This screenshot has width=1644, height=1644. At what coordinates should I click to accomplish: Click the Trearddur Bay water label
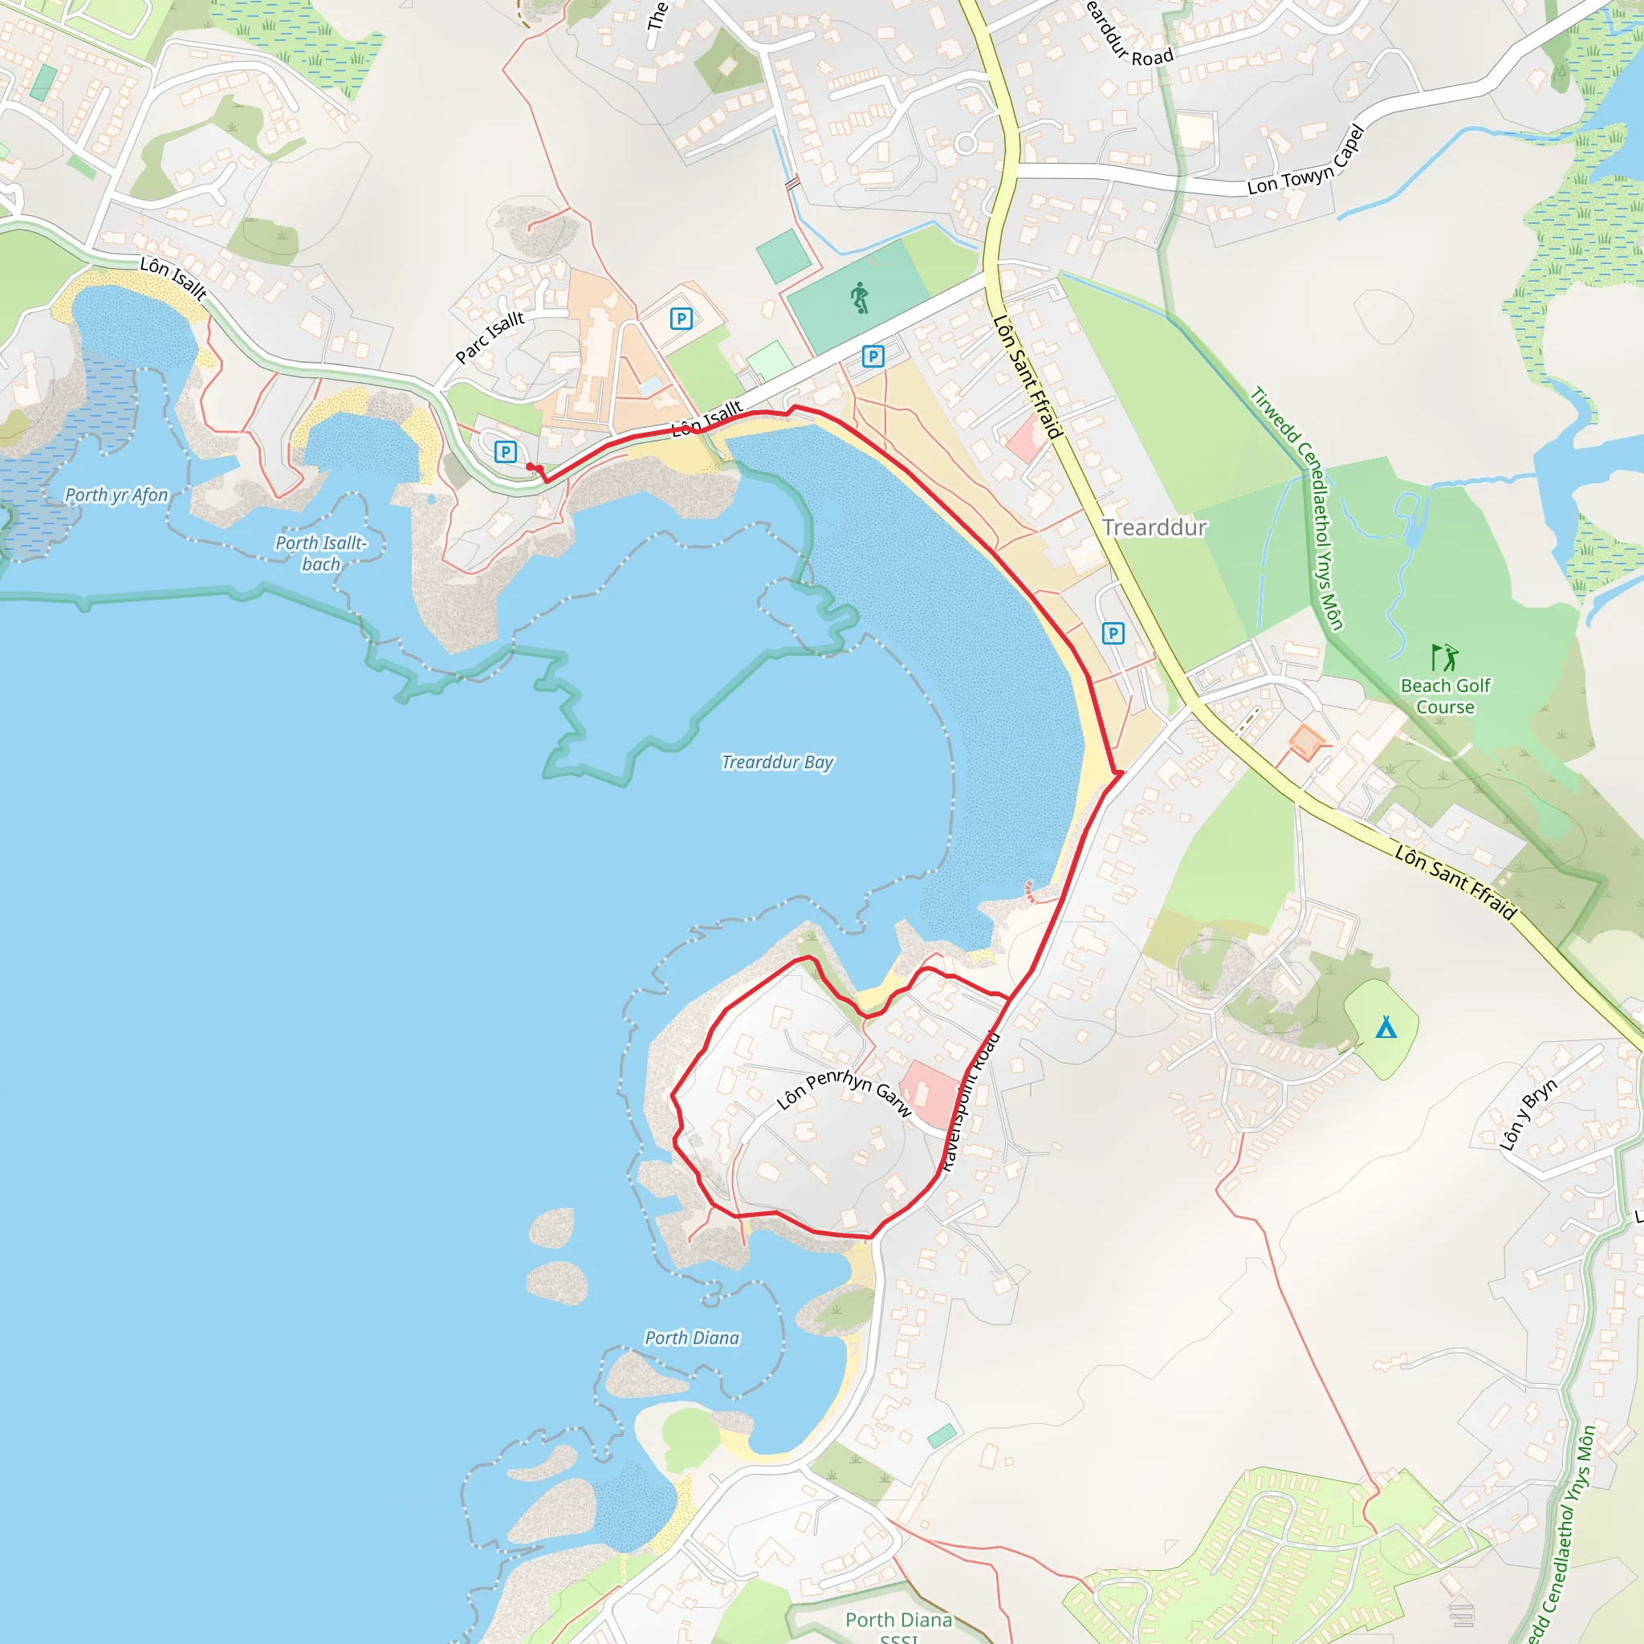(x=777, y=762)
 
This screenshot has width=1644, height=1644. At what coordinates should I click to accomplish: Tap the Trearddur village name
(x=1154, y=527)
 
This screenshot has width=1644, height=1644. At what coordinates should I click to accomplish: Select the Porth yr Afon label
(x=116, y=494)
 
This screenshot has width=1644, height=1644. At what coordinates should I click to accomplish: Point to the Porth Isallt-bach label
(x=321, y=553)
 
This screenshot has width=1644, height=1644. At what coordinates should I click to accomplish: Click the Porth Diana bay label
(x=692, y=1337)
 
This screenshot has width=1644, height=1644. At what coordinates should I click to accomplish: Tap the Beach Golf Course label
(x=1445, y=696)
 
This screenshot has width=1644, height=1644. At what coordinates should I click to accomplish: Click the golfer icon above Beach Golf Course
(x=1445, y=657)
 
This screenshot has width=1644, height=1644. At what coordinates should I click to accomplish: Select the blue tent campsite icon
(x=1386, y=1028)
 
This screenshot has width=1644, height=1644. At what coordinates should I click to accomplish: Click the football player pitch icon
(x=860, y=298)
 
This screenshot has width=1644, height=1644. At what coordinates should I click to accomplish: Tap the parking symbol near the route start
(x=506, y=452)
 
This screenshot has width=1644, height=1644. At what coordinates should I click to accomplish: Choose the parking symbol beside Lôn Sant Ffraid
(x=1112, y=633)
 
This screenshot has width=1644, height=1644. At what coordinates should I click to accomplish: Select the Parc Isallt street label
(x=490, y=337)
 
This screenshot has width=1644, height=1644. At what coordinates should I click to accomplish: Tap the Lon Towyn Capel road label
(x=1305, y=161)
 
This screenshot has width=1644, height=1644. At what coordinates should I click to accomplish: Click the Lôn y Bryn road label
(x=1528, y=1114)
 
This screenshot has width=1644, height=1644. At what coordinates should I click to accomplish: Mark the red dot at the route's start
(x=530, y=466)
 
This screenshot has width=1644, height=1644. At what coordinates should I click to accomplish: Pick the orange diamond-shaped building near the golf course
(x=1305, y=742)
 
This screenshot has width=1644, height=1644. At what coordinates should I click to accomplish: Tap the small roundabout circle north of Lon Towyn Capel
(x=965, y=144)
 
